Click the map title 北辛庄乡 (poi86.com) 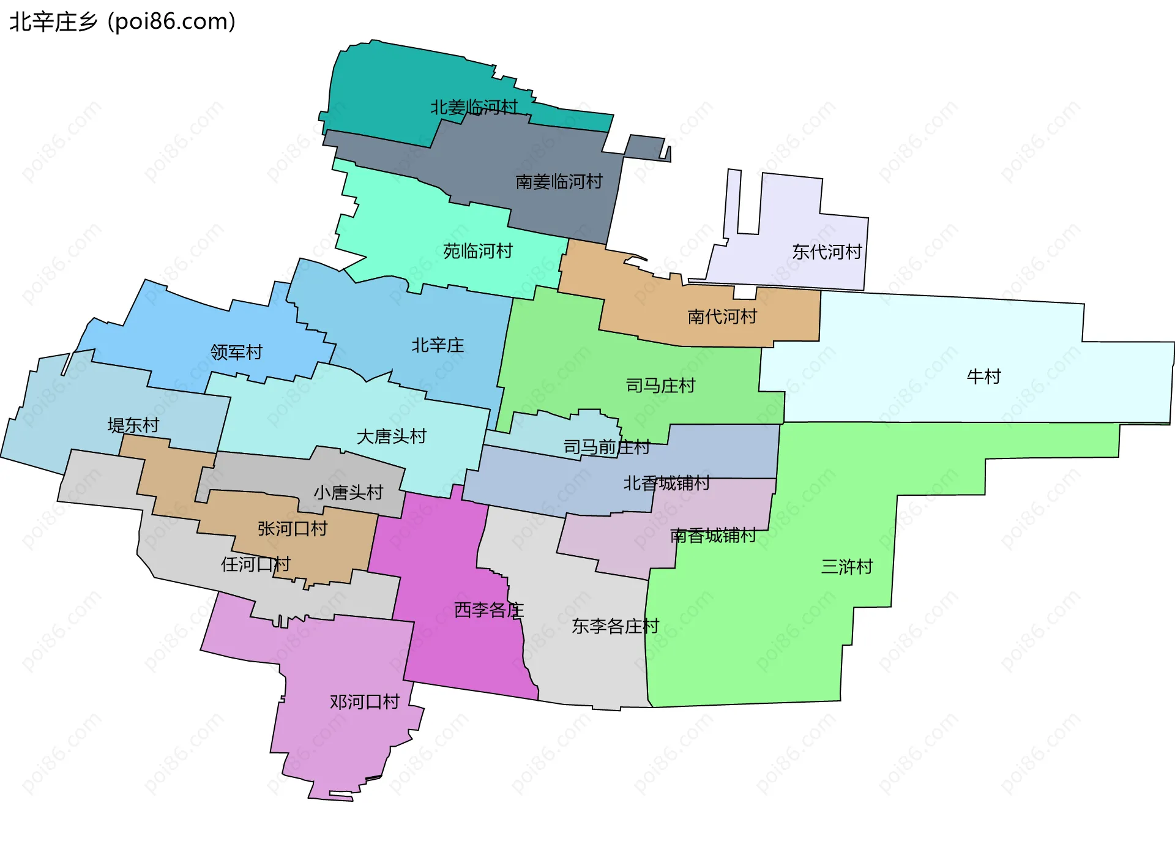(122, 22)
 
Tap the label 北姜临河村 (474, 108)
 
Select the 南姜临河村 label (559, 182)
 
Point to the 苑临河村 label (477, 251)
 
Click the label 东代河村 (827, 252)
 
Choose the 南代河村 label (722, 316)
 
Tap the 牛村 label (983, 376)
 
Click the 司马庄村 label (660, 386)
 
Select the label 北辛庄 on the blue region (438, 345)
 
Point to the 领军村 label (236, 352)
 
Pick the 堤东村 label (133, 425)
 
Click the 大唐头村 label (391, 436)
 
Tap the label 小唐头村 (348, 492)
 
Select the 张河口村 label (293, 528)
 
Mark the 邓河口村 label (364, 701)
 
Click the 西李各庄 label (489, 610)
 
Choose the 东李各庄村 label (615, 626)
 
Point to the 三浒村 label (846, 567)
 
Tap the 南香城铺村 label (713, 536)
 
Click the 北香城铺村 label (666, 484)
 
